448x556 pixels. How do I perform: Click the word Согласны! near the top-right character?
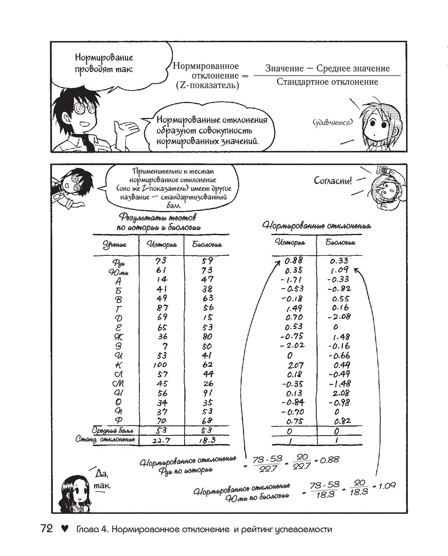click(x=333, y=181)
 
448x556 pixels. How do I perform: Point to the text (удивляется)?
click(x=332, y=122)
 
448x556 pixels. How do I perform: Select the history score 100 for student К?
click(x=160, y=365)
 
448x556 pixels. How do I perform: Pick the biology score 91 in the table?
click(x=207, y=393)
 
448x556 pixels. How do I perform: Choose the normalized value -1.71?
click(x=291, y=279)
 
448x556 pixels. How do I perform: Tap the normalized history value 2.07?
click(x=296, y=365)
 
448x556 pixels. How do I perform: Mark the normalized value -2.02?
click(x=292, y=346)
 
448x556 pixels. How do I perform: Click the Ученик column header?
click(x=115, y=245)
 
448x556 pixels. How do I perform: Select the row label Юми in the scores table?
click(x=118, y=272)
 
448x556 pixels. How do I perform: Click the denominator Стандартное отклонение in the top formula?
click(x=327, y=82)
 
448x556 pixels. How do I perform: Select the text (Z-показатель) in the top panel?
click(x=207, y=85)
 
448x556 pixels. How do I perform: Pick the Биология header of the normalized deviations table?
click(x=340, y=242)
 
